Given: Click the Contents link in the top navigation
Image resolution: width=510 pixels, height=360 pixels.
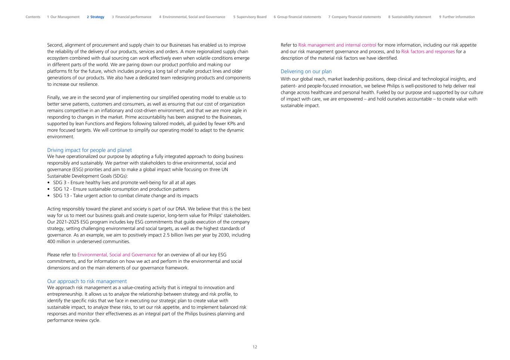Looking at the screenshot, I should pos(33,17).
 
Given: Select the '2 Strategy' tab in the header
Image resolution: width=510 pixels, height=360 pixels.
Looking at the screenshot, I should pos(96,17).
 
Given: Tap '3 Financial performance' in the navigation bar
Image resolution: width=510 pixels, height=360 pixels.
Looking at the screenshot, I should pos(132,17).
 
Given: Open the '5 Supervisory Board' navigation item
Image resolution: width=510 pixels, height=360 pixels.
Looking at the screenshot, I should pos(250,17).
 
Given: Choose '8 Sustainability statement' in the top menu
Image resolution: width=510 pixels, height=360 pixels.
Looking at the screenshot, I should pos(409,17).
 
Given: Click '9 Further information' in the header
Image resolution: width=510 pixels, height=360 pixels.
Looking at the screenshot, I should pos(457,17).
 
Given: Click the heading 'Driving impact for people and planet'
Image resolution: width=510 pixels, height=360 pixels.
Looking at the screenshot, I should pos(89,150).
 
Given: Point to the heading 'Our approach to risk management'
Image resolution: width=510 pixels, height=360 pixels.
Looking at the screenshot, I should pos(87,281).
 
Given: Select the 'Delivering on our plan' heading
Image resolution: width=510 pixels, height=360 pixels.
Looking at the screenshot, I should pos(306,71).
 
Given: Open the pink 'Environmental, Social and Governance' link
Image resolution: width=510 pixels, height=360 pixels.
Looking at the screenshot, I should pos(117,255).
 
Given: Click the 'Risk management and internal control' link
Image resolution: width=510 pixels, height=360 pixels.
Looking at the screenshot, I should pos(337,45).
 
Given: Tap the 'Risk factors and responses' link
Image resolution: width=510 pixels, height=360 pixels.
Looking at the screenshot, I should pos(428,52).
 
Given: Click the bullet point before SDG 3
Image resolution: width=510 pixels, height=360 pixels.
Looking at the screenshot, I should pos(49,183).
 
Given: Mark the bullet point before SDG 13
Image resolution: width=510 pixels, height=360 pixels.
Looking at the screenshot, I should pos(49,196).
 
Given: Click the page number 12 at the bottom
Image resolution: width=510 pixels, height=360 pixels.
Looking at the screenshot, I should pos(255,347).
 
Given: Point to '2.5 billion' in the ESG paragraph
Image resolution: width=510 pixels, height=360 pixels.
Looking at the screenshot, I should pos(174,235).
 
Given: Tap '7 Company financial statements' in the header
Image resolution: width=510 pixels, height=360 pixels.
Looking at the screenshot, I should pos(355,17).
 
